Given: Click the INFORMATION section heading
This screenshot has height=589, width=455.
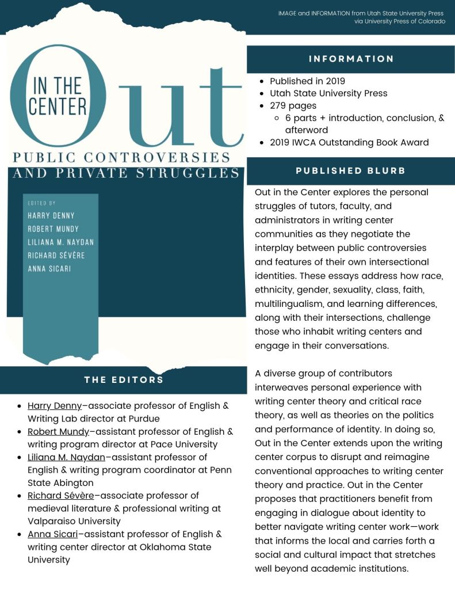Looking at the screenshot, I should click(351, 59).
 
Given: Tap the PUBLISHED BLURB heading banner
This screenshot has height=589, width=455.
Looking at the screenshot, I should click(351, 170).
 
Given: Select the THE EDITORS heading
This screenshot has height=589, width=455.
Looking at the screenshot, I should click(124, 379).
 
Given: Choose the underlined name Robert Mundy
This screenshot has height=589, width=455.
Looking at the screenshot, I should click(58, 431).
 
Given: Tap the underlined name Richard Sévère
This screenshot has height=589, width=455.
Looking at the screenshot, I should click(60, 495).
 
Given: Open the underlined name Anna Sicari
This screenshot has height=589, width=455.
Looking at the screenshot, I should click(52, 534).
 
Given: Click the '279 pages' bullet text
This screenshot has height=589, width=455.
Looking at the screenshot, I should click(293, 105).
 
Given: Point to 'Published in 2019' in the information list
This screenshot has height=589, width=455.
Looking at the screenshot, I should click(307, 81).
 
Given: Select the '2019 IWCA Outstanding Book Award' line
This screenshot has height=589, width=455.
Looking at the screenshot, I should click(349, 142).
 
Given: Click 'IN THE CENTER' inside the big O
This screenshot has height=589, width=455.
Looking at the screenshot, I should click(58, 96).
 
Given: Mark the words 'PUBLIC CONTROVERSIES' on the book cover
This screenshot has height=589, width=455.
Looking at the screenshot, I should click(121, 157).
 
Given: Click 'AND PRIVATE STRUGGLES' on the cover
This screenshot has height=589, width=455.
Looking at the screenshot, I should click(125, 173).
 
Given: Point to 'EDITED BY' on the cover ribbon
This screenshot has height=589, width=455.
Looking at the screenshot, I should click(42, 203).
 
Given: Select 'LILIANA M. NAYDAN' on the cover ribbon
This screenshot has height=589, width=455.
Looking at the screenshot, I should click(60, 242).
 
